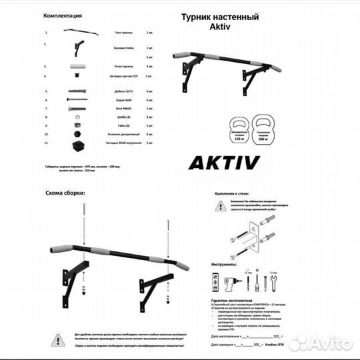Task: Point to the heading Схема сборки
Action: tap(65, 193)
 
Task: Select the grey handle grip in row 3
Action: tap(76, 67)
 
